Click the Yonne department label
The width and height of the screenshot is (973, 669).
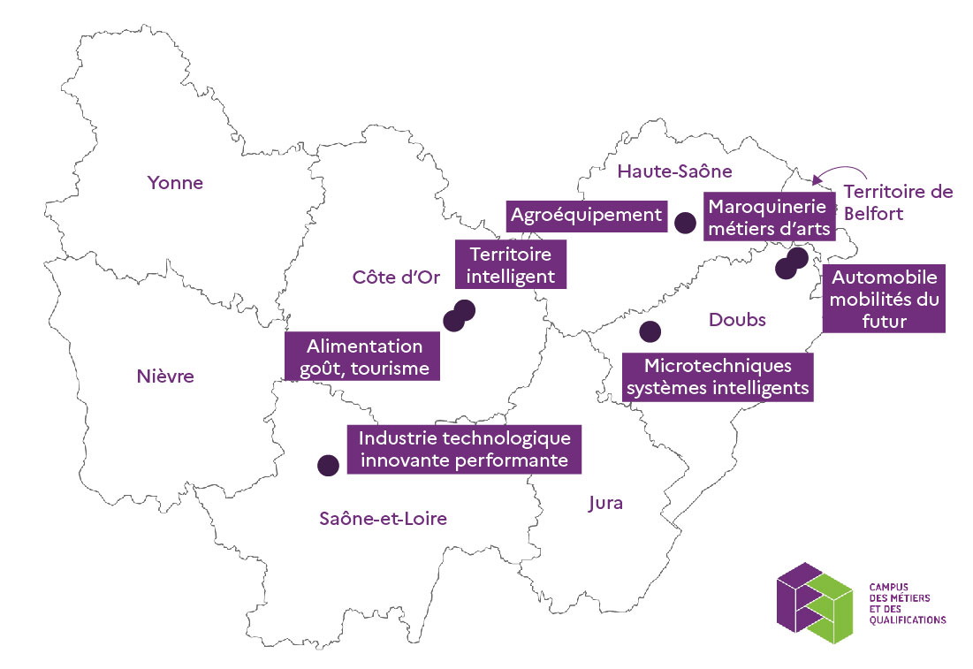tap(175, 183)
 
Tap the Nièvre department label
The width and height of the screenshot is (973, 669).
tap(165, 376)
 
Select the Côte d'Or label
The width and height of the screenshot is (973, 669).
tap(390, 277)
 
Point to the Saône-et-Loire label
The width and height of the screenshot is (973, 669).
tap(383, 519)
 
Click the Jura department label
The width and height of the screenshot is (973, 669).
tap(605, 503)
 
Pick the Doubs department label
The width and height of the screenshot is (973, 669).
tap(737, 319)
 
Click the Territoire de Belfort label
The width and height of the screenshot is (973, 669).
tap(896, 201)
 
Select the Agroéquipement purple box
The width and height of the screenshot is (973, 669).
tap(587, 214)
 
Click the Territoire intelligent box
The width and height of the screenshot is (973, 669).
tap(511, 264)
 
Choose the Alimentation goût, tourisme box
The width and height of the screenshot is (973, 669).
tap(364, 357)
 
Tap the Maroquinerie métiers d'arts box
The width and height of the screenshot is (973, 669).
tap(769, 217)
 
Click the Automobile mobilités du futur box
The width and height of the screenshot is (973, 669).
tap(884, 299)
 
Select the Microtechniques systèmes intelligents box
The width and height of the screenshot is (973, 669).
tap(718, 376)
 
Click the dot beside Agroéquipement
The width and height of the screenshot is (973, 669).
tap(684, 223)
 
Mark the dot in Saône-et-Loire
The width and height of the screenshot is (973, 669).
tap(328, 465)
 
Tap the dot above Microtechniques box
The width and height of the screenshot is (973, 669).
tap(650, 331)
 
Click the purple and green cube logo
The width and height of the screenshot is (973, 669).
tap(815, 601)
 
